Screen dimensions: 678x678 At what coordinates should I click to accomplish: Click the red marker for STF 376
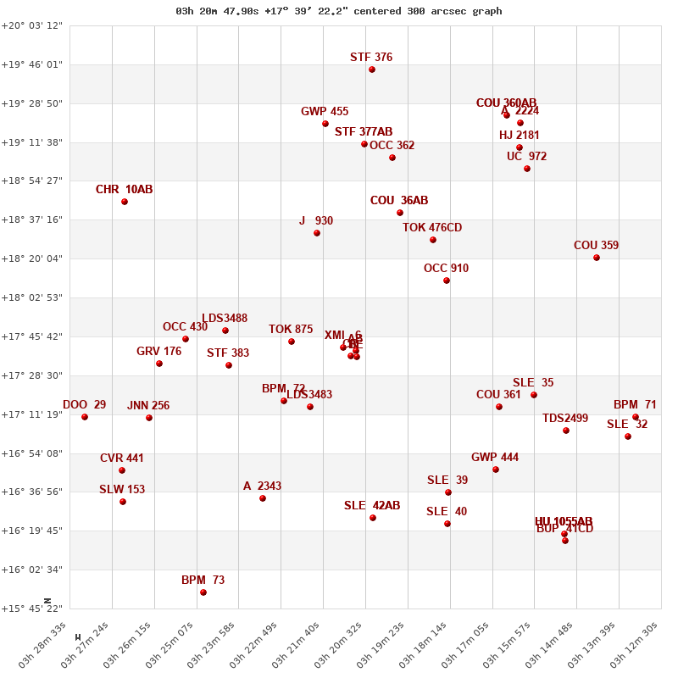pos(372,69)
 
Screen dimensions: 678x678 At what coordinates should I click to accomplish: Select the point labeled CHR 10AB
pos(125,202)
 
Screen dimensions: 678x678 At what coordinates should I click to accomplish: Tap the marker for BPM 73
pos(203,592)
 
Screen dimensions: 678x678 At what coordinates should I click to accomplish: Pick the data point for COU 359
pos(597,258)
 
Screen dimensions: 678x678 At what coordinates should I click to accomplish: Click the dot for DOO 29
pos(85,417)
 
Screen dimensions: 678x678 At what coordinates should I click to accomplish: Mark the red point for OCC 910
pos(447,281)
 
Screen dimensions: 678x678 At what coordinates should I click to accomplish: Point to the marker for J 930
pos(317,233)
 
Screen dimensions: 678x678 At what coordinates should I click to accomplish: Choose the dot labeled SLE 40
pos(447,524)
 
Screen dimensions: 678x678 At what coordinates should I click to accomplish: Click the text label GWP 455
pos(325,112)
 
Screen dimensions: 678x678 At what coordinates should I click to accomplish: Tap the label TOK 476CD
pos(432,228)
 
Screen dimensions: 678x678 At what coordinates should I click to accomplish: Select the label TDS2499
pos(565,419)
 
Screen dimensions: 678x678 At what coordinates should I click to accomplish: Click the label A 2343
pos(262,486)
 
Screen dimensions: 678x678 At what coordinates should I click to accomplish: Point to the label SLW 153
pos(122,490)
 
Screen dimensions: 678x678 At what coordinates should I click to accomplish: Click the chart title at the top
pos(339,11)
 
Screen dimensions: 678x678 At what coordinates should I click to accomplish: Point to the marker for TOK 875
pos(292,342)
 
